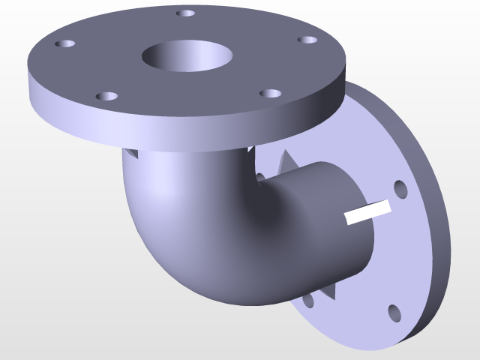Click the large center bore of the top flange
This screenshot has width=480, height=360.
186,56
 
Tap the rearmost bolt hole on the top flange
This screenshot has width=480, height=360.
185,13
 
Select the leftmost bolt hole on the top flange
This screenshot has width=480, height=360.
65,44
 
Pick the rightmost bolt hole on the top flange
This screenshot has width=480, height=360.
307,40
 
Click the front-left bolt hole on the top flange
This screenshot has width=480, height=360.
107,97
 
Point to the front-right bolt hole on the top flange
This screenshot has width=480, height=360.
270,94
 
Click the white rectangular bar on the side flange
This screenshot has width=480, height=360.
367,212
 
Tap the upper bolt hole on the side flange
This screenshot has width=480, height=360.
400,189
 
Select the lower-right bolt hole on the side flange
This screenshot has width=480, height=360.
394,312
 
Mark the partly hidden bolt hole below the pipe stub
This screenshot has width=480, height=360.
307,301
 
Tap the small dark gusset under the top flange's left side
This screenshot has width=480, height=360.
131,153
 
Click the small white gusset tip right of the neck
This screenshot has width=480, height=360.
249,149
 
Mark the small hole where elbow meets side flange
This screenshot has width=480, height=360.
260,177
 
